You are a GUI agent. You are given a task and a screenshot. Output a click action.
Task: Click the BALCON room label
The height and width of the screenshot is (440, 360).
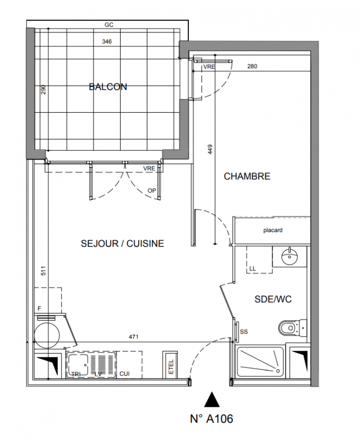tap(108, 87)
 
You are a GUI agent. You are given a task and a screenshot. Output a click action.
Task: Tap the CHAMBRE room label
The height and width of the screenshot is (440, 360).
tap(247, 176)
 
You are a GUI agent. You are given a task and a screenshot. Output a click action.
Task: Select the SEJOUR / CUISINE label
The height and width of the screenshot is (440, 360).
tap(122, 243)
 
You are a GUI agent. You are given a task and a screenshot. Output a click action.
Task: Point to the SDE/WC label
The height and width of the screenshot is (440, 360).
tap(273, 299)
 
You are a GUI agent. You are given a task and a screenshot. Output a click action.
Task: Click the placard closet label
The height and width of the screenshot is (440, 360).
tap(273, 230)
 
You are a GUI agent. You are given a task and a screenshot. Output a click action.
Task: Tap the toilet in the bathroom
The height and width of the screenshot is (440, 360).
tap(293, 327)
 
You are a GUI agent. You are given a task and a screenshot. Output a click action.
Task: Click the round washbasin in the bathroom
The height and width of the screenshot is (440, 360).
tap(290, 256)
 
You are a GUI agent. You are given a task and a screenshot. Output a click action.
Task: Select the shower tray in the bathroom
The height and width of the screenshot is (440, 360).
tap(260, 362)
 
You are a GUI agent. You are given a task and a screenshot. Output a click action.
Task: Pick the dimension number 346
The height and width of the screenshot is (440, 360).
tap(107, 42)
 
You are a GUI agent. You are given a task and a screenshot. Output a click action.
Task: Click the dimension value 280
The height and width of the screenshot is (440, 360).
tap(252, 66)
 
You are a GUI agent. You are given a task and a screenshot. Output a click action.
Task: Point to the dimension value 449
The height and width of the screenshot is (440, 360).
tap(211, 150)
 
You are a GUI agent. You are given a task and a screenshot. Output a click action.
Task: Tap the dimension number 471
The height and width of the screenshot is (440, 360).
tap(133, 337)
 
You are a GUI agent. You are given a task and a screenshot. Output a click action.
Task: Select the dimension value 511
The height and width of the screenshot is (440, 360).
tap(43, 271)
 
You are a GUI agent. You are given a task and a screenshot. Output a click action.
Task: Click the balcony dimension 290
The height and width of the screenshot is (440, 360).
tap(43, 90)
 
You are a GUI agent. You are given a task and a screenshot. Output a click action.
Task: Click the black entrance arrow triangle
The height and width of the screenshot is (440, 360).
tap(212, 400)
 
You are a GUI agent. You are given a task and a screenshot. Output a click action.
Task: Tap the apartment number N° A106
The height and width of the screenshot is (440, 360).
tap(211, 419)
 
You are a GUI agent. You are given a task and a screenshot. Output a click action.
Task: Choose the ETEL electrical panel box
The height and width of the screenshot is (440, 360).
tap(170, 365)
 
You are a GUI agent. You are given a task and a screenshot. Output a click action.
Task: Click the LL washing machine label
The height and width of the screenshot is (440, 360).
tap(253, 268)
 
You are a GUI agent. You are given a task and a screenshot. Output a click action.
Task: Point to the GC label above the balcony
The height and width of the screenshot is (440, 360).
tap(109, 25)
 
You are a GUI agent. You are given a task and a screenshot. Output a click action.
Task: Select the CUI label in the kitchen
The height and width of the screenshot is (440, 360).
tap(124, 374)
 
